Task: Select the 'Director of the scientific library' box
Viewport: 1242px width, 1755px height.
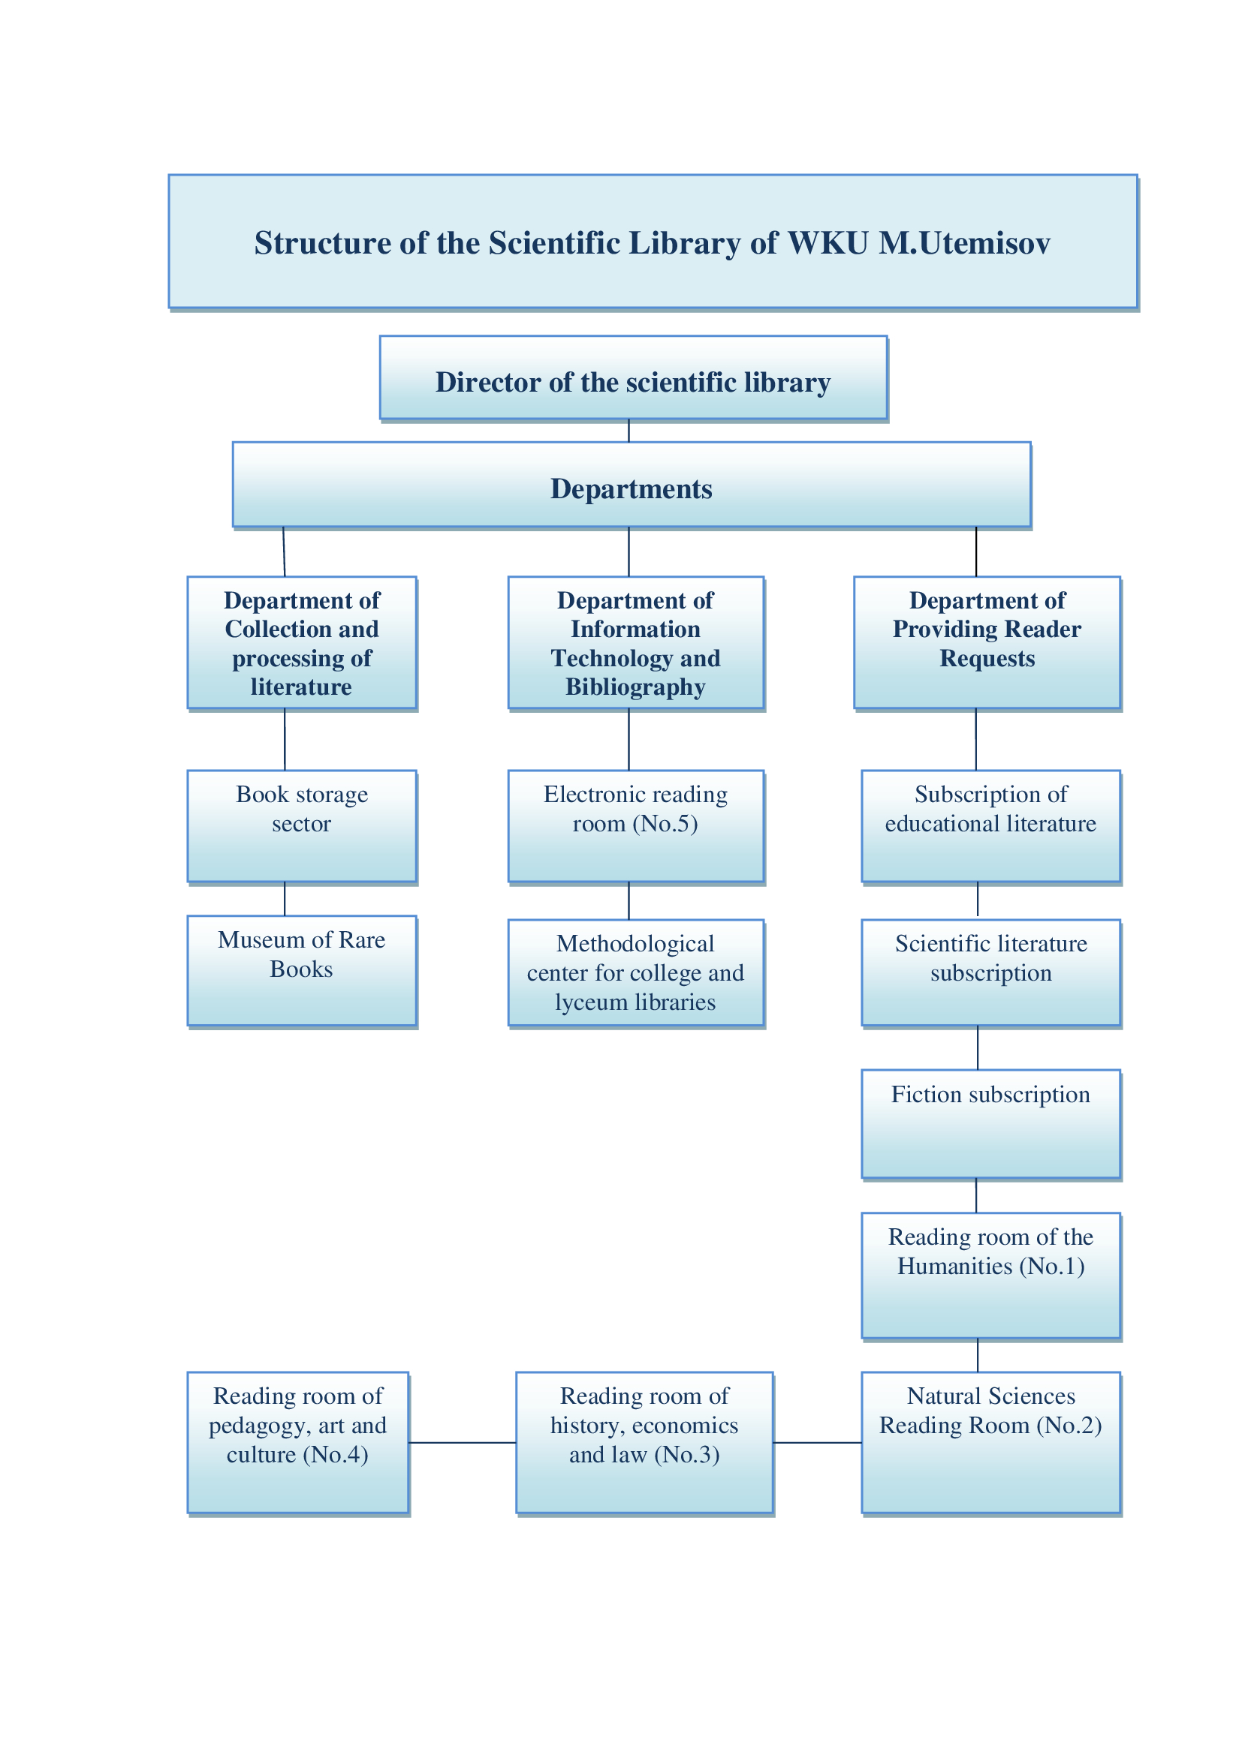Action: [633, 377]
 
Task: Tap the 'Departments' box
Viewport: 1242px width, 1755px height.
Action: [632, 485]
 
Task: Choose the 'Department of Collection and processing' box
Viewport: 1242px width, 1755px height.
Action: [302, 643]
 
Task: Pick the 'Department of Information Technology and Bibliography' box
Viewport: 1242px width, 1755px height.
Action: [635, 643]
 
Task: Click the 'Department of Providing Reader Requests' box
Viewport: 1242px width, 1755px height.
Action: [987, 643]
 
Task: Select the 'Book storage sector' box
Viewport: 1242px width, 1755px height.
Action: [302, 825]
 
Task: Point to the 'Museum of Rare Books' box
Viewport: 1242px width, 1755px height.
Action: [302, 970]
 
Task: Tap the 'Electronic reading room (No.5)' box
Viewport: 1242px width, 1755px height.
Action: [635, 825]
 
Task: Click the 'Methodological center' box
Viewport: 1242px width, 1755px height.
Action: [635, 972]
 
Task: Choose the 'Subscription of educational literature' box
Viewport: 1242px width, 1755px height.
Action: [990, 825]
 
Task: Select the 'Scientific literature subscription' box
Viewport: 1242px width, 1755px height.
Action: [990, 972]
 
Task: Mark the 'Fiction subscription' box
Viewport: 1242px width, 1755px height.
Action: [990, 1124]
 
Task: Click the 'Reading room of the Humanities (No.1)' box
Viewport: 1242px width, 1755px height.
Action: [990, 1275]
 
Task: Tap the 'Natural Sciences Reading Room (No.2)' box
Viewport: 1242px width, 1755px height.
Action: [990, 1442]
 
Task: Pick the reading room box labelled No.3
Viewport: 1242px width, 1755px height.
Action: [644, 1442]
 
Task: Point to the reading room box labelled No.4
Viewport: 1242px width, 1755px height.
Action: [297, 1442]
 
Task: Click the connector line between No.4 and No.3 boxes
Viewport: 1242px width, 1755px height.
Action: [462, 1443]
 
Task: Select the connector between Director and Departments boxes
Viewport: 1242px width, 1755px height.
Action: [629, 431]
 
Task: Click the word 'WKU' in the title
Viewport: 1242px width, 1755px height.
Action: [827, 244]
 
